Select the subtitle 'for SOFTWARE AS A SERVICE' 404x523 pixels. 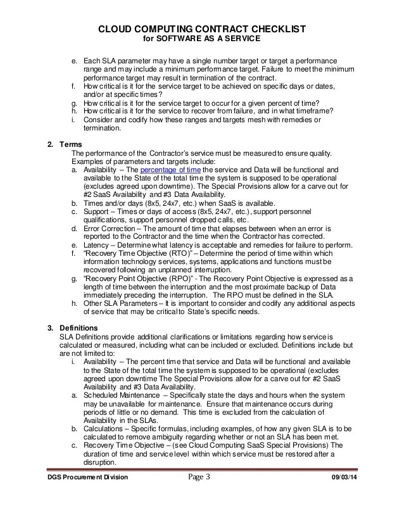(x=201, y=39)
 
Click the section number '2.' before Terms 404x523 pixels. (x=51, y=144)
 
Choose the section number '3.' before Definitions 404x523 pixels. (x=51, y=327)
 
